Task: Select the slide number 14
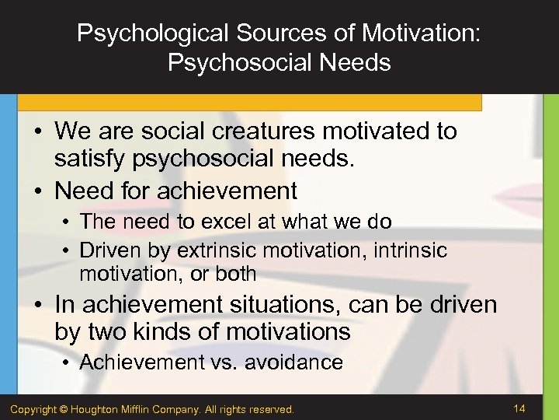pos(520,407)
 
